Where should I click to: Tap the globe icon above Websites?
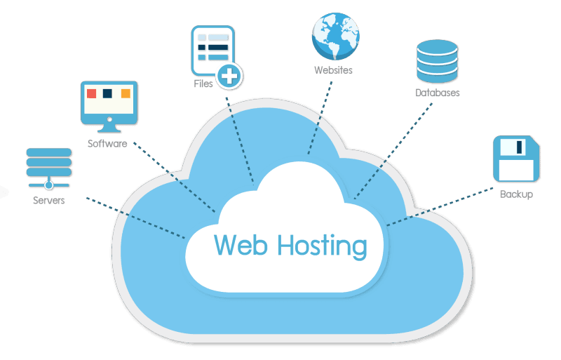pos(335,36)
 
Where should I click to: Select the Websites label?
pos(333,70)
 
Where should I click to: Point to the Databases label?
pos(437,93)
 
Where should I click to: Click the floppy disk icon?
pos(516,159)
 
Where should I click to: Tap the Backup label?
pos(516,194)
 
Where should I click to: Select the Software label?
pos(107,144)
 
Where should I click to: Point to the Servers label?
pos(48,201)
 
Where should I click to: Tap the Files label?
pos(204,84)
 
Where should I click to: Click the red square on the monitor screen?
pos(90,93)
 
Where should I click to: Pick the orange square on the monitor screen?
pos(126,93)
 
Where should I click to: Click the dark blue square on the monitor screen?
pos(107,93)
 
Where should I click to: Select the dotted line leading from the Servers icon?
pos(133,217)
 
